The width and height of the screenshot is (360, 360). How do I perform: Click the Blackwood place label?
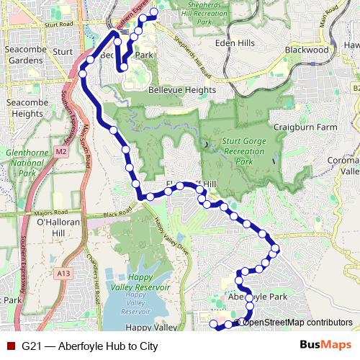click(x=306, y=50)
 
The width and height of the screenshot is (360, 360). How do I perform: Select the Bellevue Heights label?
click(x=181, y=90)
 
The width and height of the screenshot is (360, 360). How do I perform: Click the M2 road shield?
click(x=60, y=152)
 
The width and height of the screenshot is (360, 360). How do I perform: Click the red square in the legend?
click(x=10, y=346)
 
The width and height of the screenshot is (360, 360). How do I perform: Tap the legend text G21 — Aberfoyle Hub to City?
click(x=90, y=346)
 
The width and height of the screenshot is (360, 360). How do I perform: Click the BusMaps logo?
click(x=324, y=346)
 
